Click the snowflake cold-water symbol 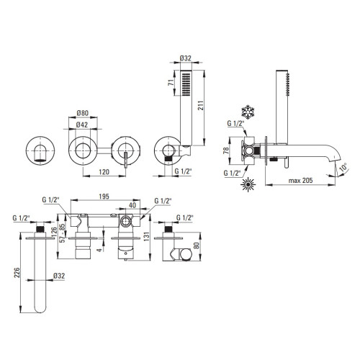point(248,112)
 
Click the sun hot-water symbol point(248,185)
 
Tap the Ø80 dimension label point(83,113)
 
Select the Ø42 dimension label point(82,125)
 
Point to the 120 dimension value point(104,172)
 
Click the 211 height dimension point(201,105)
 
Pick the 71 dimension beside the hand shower point(171,83)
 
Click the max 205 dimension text point(300,180)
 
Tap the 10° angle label point(343,166)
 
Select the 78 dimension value point(226,150)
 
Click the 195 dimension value point(104,197)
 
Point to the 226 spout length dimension point(17,272)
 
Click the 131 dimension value point(147,236)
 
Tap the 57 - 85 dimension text point(63,233)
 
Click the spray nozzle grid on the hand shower point(186,84)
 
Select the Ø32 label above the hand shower point(186,58)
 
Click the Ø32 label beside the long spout point(59,276)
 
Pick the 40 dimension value point(132,205)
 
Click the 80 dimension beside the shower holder point(197,246)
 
